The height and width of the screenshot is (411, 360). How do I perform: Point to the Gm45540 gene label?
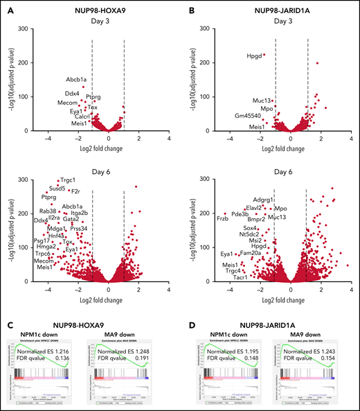click(x=248, y=115)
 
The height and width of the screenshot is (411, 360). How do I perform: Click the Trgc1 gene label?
click(x=67, y=180)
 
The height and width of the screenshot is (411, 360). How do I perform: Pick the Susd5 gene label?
click(x=57, y=188)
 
